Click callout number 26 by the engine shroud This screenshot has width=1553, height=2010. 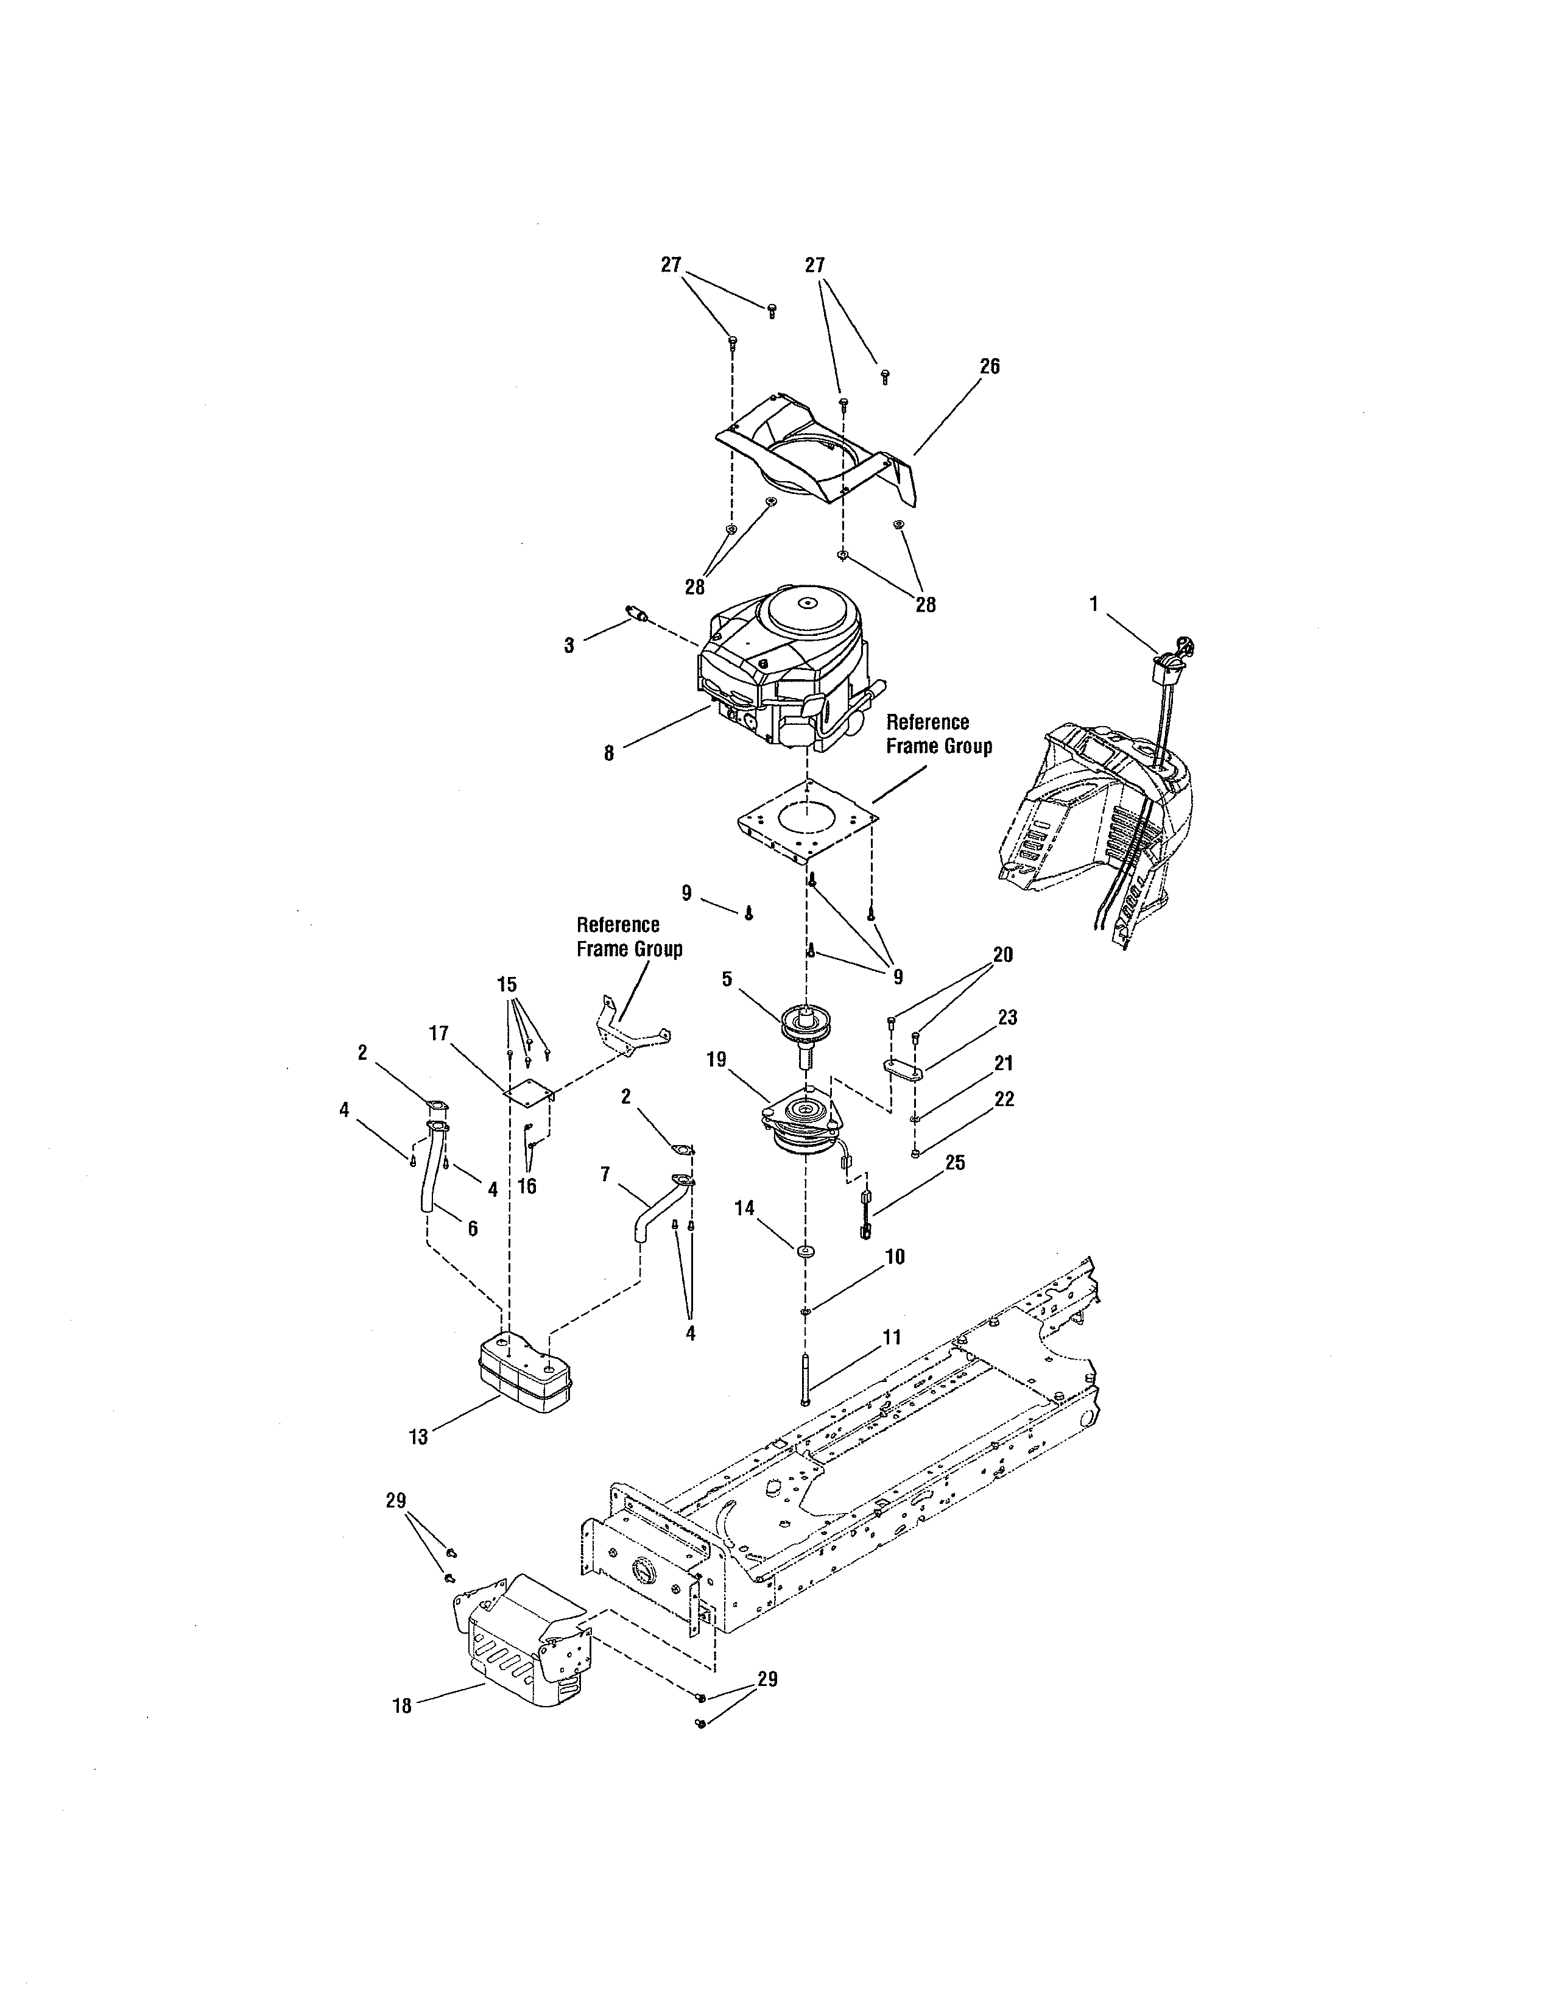(x=989, y=366)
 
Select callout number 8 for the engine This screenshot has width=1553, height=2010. (x=608, y=753)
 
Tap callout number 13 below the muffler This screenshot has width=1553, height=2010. (x=418, y=1437)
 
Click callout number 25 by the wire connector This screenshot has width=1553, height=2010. (x=955, y=1163)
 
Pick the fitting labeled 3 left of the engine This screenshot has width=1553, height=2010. (x=633, y=615)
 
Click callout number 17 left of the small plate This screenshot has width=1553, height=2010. (x=439, y=1034)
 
